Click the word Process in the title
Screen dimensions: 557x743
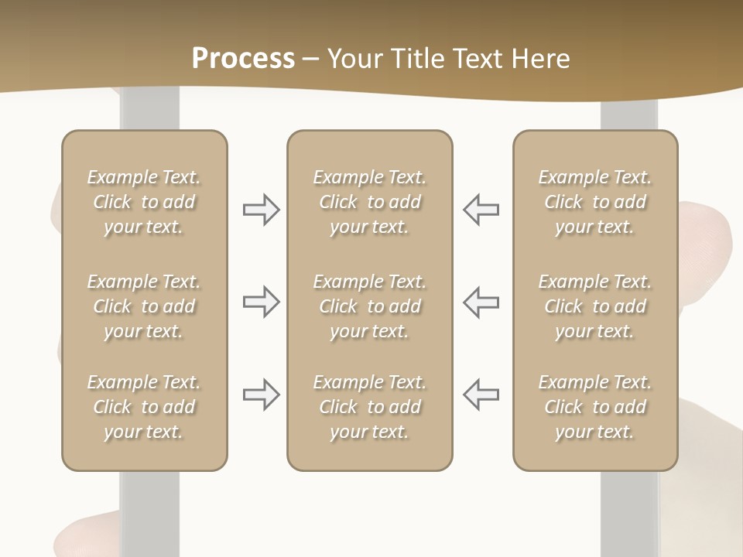coord(243,59)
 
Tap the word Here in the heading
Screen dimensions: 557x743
coord(541,59)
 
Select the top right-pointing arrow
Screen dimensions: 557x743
coord(261,210)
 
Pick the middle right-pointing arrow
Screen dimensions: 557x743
coord(261,302)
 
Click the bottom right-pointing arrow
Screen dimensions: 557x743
coord(261,395)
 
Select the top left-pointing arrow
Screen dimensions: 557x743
coord(481,210)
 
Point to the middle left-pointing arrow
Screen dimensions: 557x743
coord(481,302)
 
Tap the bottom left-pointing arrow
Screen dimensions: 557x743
coord(481,395)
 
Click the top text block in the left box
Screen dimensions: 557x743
coord(144,202)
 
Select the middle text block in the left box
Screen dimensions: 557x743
coord(144,306)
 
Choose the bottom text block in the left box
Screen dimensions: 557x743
coord(144,407)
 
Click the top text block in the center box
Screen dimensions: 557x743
coord(369,202)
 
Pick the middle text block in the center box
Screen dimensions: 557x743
coord(369,306)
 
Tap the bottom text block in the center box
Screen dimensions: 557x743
coord(369,407)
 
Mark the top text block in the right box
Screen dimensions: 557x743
coord(594,202)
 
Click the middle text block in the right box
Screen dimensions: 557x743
coord(594,306)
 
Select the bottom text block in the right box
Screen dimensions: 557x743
coord(594,407)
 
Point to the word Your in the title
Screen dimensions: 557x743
coord(353,59)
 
